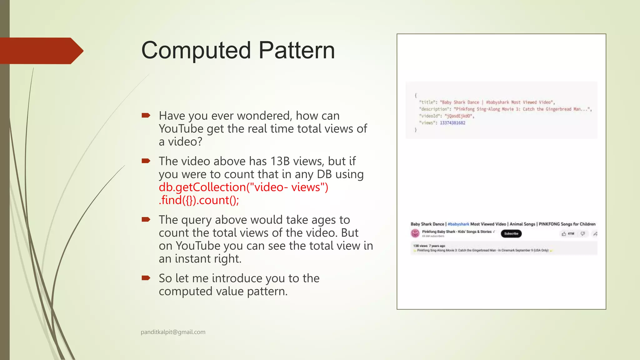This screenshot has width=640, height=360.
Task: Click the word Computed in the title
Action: pyautogui.click(x=196, y=51)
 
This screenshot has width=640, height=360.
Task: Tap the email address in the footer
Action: pyautogui.click(x=173, y=332)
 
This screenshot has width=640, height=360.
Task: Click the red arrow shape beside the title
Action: pyautogui.click(x=41, y=51)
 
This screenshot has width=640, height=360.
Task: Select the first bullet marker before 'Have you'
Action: pyautogui.click(x=146, y=116)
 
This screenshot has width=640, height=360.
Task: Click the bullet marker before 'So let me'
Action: pyautogui.click(x=146, y=278)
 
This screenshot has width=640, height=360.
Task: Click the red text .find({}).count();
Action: pyautogui.click(x=199, y=200)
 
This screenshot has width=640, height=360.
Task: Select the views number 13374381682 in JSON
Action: pyautogui.click(x=452, y=123)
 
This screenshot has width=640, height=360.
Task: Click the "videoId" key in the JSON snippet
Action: pyautogui.click(x=428, y=116)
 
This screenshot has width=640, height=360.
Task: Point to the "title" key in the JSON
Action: pyautogui.click(x=427, y=102)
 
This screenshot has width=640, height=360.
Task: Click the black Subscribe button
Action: pyautogui.click(x=511, y=233)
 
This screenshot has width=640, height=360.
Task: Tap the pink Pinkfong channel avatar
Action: pyautogui.click(x=415, y=233)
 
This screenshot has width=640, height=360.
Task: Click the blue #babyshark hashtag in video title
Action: pyautogui.click(x=458, y=224)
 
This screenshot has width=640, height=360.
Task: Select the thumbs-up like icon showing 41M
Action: pyautogui.click(x=564, y=233)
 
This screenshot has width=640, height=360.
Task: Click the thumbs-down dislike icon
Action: pyautogui.click(x=582, y=233)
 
